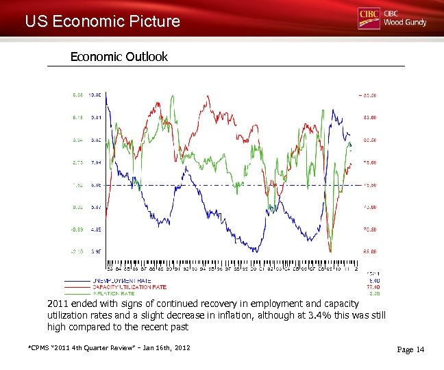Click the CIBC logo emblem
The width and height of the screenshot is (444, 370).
coord(369,18)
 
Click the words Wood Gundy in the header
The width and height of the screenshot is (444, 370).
coord(404,22)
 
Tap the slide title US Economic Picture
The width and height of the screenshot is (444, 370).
coord(102,21)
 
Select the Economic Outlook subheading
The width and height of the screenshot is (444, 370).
coord(119,57)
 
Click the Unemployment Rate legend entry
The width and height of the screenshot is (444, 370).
coord(121,281)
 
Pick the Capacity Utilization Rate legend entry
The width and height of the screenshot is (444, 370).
coord(129,286)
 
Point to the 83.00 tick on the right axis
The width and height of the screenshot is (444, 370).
coord(370,117)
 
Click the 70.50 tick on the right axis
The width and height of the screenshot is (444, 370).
coord(370,229)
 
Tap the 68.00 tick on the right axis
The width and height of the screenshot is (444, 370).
coord(370,251)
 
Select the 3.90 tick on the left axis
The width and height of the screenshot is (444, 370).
coord(96,251)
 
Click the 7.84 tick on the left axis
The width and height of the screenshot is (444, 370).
coord(96,162)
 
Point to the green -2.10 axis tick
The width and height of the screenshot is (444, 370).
coord(77,251)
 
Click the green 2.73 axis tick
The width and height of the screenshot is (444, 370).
coord(77,162)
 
